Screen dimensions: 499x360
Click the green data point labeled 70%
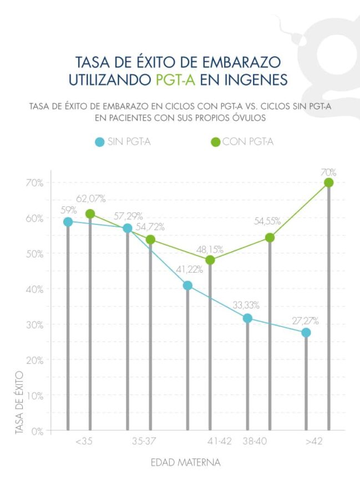(328, 182)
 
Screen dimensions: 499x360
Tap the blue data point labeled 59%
(68, 222)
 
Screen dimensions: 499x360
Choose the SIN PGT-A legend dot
(100, 142)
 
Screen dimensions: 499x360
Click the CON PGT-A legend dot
(216, 142)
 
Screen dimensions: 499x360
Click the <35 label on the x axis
(86, 442)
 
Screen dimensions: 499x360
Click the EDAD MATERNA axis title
(186, 462)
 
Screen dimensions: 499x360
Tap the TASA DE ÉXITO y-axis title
(20, 402)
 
